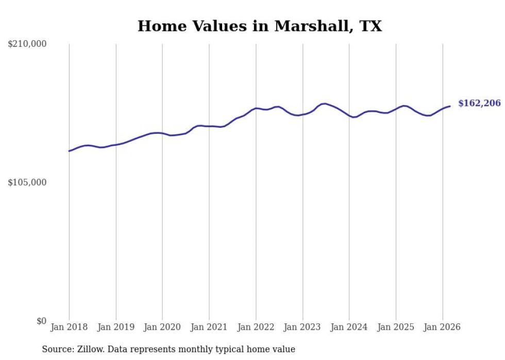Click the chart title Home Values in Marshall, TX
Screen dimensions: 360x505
[260, 26]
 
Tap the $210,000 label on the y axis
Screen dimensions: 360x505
[27, 44]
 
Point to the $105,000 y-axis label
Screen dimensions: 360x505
[27, 182]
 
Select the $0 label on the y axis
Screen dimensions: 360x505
[41, 321]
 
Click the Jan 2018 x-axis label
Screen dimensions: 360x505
[69, 327]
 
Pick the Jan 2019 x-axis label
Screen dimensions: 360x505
[116, 327]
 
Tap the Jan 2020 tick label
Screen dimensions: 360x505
[162, 327]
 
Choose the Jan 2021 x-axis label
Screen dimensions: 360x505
[209, 327]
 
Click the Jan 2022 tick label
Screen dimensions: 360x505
[256, 327]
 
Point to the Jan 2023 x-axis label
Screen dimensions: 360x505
[302, 327]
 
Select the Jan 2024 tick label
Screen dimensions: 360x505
[349, 327]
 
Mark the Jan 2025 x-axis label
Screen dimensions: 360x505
[396, 327]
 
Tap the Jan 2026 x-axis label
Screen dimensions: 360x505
[442, 327]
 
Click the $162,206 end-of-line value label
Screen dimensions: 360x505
[479, 104]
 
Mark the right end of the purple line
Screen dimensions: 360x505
[450, 106]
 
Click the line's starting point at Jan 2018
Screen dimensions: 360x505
[69, 151]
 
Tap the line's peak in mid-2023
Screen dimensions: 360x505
[324, 104]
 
